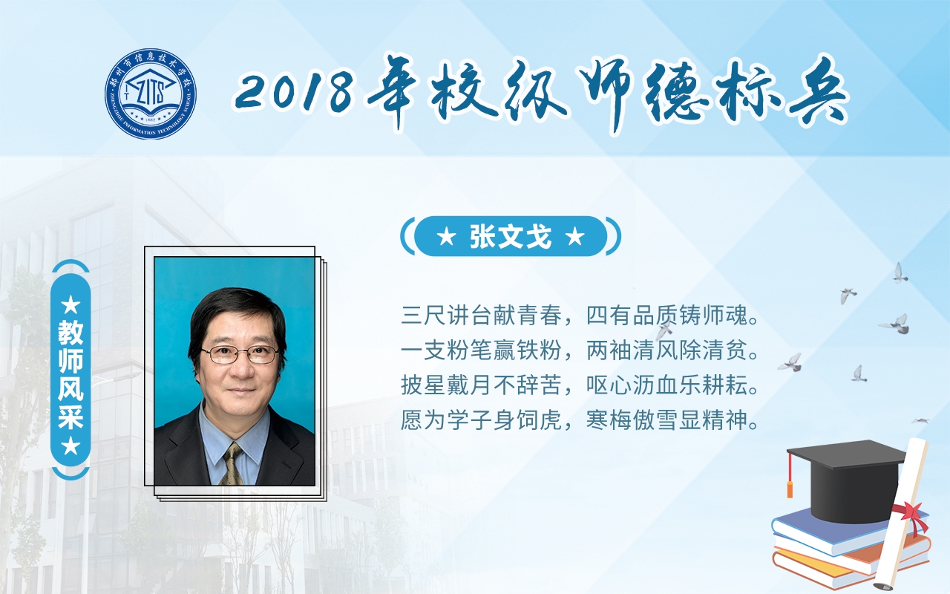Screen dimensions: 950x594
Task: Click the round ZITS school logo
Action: [151, 94]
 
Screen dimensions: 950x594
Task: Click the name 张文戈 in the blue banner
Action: [511, 236]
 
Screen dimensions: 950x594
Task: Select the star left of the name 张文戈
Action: [446, 237]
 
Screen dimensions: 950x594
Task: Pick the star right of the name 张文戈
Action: [575, 237]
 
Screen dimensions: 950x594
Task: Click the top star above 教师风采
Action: [71, 305]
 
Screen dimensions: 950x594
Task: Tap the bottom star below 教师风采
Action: [71, 446]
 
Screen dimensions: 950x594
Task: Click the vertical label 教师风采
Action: [71, 376]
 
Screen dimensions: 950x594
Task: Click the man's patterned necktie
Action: [232, 464]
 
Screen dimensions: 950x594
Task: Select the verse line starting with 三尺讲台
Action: [580, 316]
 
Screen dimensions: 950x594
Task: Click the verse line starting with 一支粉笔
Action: [580, 350]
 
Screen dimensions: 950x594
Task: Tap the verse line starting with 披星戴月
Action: [580, 385]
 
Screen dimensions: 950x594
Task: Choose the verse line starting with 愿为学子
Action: [580, 420]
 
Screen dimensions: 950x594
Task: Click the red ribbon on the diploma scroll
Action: [912, 518]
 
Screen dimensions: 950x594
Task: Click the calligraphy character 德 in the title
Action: [675, 92]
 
